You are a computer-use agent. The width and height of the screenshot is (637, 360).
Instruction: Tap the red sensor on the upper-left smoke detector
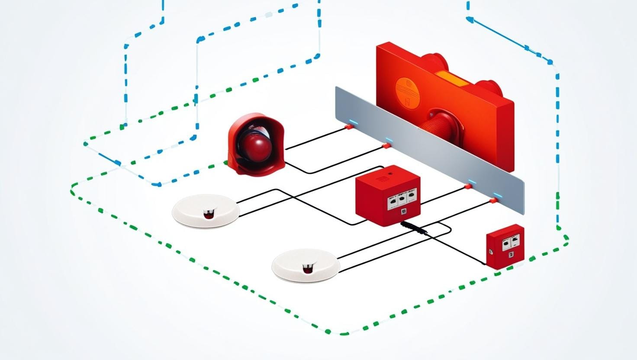click(209, 214)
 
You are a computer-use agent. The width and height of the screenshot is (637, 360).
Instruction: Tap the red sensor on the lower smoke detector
click(308, 269)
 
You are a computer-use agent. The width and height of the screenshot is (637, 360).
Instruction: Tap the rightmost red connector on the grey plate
click(493, 201)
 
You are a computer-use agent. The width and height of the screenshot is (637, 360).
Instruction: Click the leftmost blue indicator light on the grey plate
click(354, 123)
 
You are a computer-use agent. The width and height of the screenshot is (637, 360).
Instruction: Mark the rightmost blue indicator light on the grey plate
click(496, 196)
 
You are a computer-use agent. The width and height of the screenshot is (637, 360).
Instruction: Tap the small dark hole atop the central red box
click(390, 173)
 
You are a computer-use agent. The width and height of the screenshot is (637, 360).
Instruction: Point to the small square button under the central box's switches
click(403, 211)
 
